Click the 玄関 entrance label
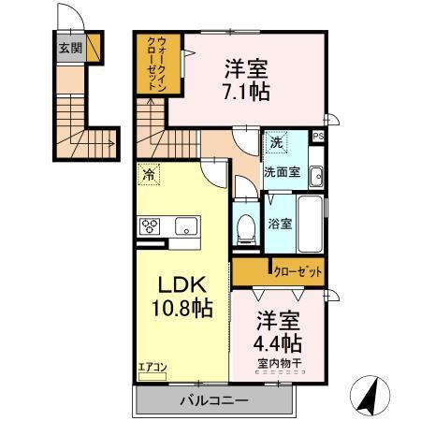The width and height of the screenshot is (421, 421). click(x=70, y=49)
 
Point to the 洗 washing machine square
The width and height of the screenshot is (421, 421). click(x=276, y=144)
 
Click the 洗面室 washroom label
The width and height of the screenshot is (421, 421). click(x=280, y=172)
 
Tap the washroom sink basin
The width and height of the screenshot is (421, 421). click(x=315, y=174)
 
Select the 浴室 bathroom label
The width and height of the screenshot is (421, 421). click(x=279, y=225)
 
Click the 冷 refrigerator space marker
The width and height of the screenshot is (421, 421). click(x=148, y=173)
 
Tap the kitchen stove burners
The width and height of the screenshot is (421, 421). click(x=152, y=225)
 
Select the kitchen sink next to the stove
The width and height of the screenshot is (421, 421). click(x=183, y=225)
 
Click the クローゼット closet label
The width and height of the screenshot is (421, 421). click(x=298, y=271)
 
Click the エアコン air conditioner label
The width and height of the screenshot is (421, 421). click(x=152, y=368)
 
